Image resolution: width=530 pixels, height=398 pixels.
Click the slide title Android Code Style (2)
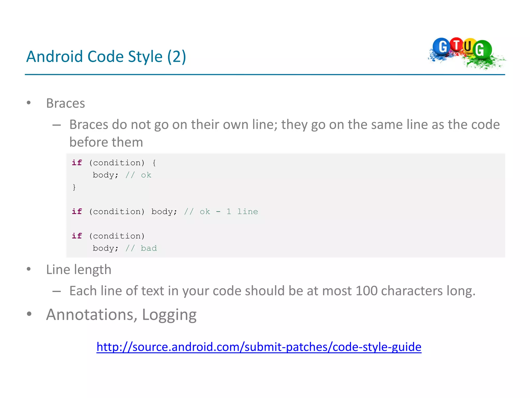click(x=106, y=56)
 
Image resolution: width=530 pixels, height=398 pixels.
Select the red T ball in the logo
click(x=457, y=45)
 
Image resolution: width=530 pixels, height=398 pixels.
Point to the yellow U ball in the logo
click(x=468, y=46)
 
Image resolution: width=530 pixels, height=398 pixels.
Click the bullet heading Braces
click(x=65, y=103)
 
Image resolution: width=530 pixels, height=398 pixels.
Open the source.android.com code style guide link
click(x=259, y=347)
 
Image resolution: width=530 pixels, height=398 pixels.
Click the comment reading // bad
click(x=141, y=248)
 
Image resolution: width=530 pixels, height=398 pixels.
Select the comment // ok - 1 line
click(x=221, y=212)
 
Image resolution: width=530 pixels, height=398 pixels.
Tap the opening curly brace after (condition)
click(x=154, y=163)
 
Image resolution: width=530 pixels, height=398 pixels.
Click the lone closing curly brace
click(x=74, y=187)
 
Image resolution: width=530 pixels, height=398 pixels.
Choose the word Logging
click(x=169, y=315)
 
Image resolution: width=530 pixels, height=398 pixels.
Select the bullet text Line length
click(x=79, y=269)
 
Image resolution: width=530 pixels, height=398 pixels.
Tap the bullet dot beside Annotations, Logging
click(x=29, y=314)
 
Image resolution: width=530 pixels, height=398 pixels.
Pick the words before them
click(x=106, y=142)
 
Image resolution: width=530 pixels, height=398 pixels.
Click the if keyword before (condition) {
click(x=77, y=163)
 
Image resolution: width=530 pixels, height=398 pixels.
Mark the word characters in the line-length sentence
click(x=412, y=291)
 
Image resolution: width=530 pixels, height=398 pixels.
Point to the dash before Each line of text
click(x=56, y=291)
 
